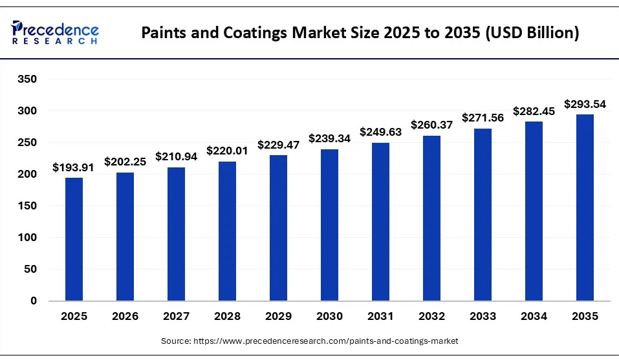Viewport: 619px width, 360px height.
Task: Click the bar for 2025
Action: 74,239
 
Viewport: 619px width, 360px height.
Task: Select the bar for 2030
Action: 329,225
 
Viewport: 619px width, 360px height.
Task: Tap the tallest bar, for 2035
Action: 585,208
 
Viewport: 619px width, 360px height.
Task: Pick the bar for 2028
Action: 227,231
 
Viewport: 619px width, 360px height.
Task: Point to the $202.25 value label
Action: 125,162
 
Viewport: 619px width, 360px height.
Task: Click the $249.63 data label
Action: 380,132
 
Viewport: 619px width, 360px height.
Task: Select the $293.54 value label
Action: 585,104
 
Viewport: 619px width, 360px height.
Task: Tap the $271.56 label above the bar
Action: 483,118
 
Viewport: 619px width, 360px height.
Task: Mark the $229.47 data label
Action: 278,145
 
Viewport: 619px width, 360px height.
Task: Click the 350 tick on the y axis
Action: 27,79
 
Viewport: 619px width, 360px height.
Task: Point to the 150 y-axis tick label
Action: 27,206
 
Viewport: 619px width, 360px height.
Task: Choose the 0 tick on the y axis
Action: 34,301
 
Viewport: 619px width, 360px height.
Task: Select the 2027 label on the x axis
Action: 176,316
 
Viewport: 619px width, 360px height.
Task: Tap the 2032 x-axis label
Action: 431,316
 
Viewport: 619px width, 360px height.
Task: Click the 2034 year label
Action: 534,316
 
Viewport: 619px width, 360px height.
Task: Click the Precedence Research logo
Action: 55,32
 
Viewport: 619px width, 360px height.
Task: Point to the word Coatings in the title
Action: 255,33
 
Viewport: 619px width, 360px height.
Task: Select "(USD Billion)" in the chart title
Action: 532,33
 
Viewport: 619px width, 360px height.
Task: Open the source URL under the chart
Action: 326,341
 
